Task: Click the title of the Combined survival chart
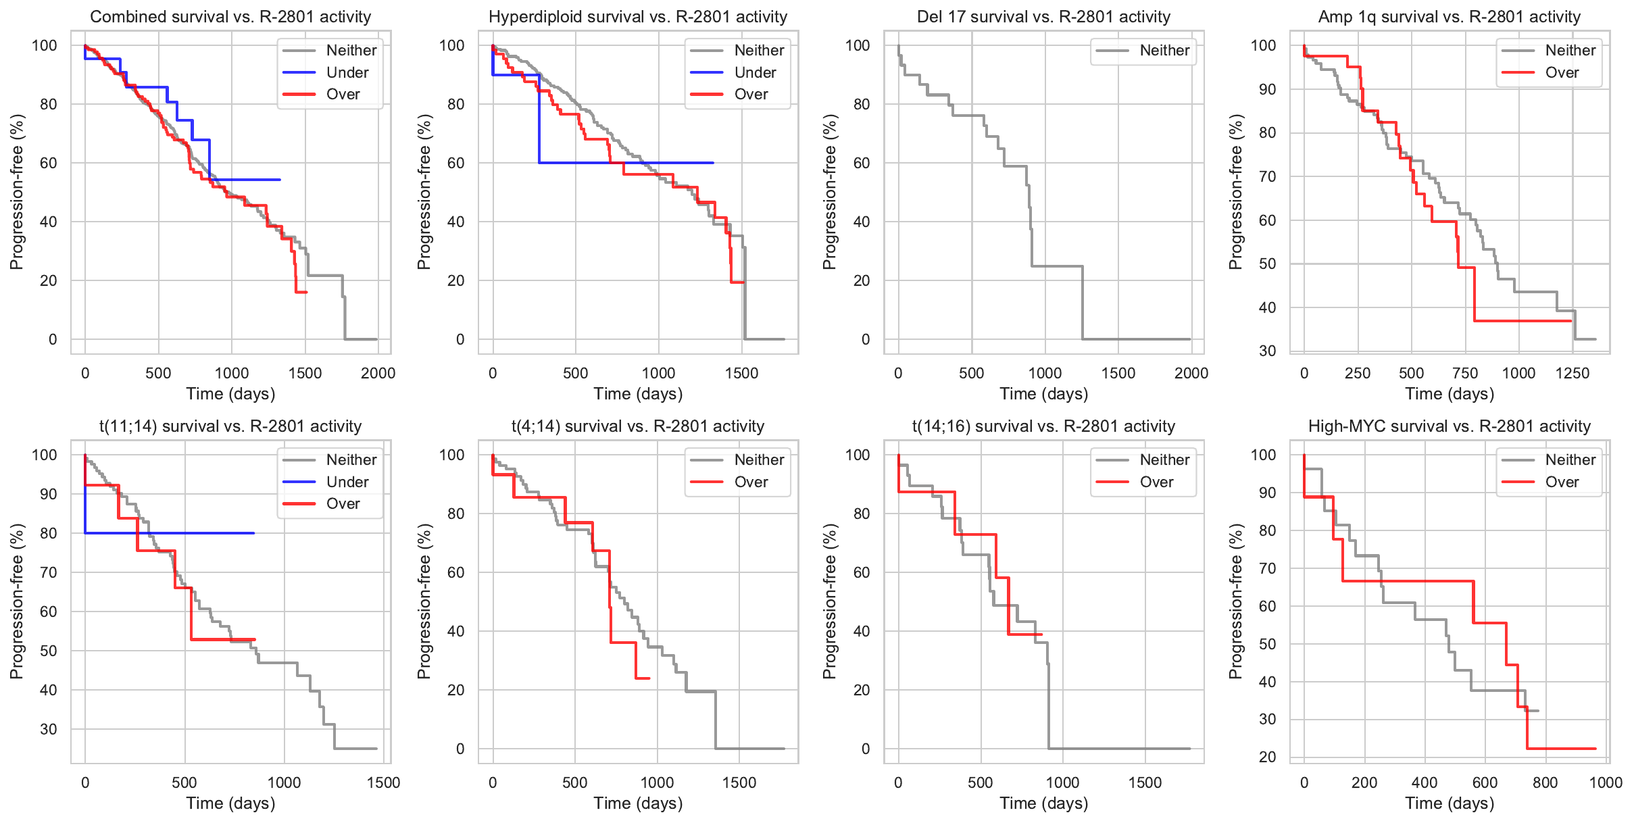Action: [x=230, y=17]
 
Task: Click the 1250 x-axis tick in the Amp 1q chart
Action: [x=1572, y=373]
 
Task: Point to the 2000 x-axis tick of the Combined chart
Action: [x=378, y=373]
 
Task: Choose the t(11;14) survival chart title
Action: [x=230, y=426]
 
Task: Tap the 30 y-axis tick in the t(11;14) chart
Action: [x=49, y=729]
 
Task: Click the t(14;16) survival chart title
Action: [x=1043, y=426]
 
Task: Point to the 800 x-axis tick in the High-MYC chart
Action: [x=1545, y=782]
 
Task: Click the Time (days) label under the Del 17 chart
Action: [x=1043, y=394]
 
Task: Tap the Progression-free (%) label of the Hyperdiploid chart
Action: [x=424, y=192]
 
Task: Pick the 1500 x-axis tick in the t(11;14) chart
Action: [x=383, y=782]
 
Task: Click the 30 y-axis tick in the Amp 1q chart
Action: [x=1267, y=351]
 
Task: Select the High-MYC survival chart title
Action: [x=1449, y=426]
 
